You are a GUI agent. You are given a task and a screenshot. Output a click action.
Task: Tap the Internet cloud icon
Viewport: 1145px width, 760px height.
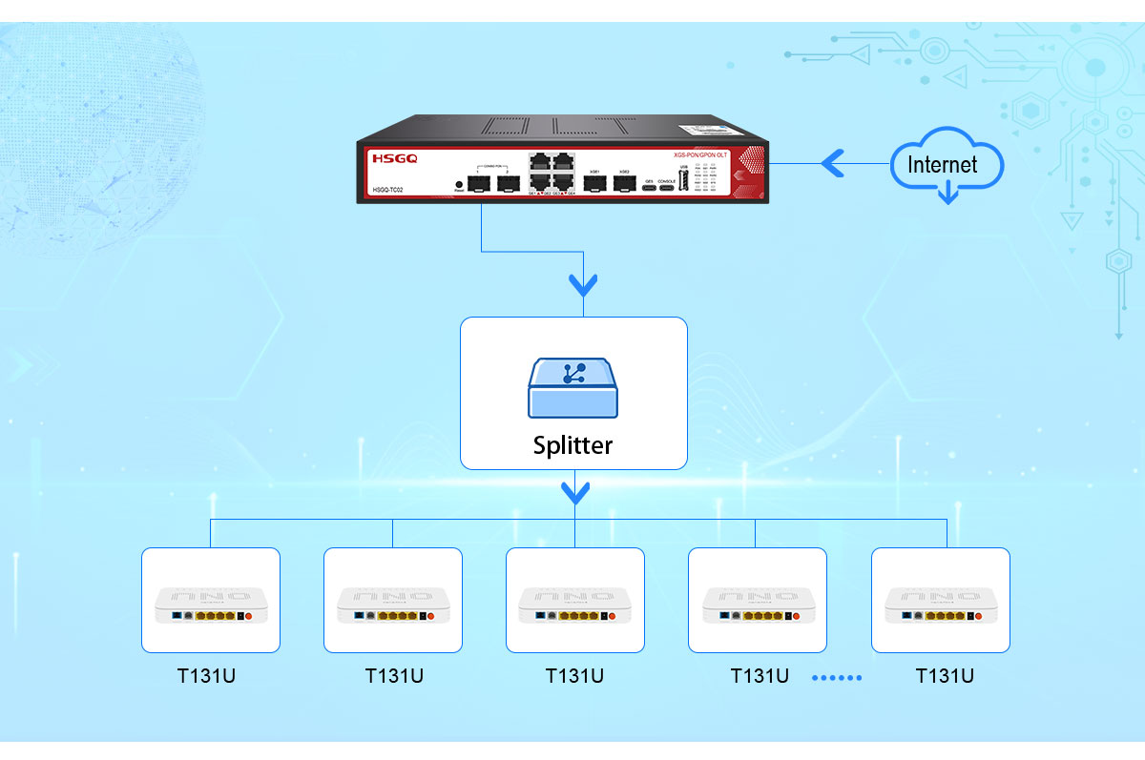(945, 166)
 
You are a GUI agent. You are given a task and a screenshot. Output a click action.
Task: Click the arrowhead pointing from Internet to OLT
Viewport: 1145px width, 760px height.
(832, 164)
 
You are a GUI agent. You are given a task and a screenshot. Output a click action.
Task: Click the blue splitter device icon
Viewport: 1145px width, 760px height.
(572, 387)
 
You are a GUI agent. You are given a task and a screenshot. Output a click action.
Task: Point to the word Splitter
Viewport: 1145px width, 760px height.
(572, 445)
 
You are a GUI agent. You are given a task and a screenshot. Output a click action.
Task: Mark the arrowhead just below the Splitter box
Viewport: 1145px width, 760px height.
(574, 492)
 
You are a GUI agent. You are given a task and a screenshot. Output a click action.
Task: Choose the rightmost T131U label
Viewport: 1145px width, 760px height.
(945, 676)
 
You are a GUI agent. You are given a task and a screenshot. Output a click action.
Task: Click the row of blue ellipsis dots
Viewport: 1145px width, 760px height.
(837, 678)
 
